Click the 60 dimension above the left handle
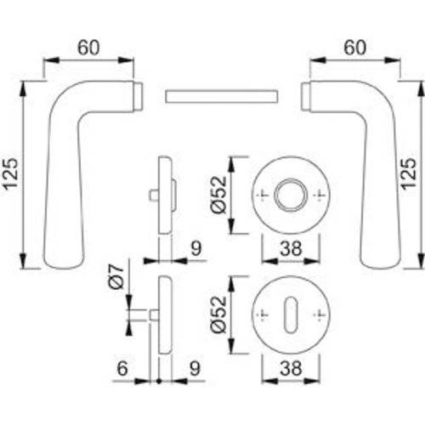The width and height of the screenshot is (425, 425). tap(88, 48)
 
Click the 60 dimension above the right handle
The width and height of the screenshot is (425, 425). tap(355, 48)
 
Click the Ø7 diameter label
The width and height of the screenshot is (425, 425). tap(119, 280)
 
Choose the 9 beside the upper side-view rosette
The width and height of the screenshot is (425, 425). tap(195, 249)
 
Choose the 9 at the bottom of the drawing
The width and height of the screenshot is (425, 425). tap(195, 371)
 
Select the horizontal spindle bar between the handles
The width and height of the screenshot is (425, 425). tap(221, 94)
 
